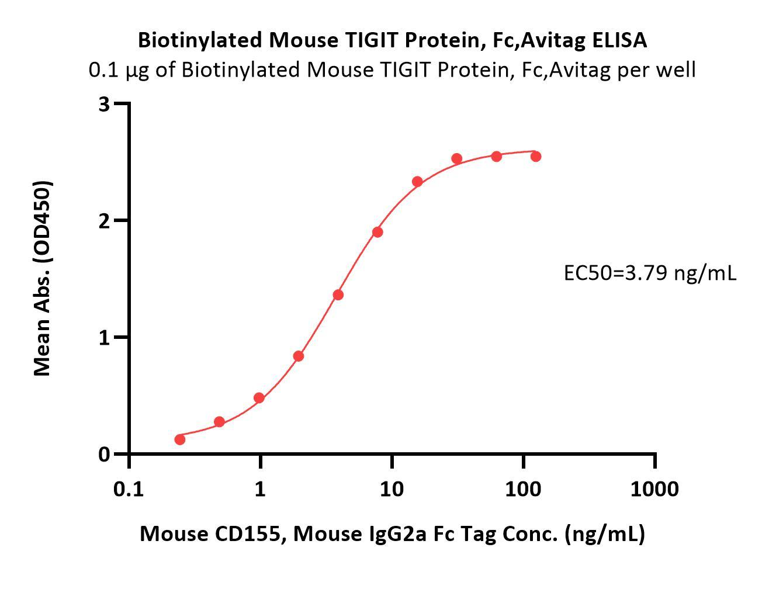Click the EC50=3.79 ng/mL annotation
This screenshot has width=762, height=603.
click(x=650, y=272)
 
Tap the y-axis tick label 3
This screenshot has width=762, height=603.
click(x=105, y=104)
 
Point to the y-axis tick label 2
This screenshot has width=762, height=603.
click(x=105, y=221)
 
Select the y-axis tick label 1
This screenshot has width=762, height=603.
click(x=105, y=337)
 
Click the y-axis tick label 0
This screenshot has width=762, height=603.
click(x=105, y=454)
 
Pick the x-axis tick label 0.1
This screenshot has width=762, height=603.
click(x=129, y=488)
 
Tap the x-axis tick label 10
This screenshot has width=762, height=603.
click(x=392, y=488)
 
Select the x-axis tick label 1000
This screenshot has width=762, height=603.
click(x=654, y=488)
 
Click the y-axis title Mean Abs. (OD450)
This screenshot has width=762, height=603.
click(x=42, y=278)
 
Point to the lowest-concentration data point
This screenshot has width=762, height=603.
click(x=180, y=439)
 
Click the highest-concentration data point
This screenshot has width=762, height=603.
click(x=535, y=157)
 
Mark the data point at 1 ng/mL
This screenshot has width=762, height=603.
click(x=259, y=398)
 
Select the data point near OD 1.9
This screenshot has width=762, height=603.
click(x=377, y=232)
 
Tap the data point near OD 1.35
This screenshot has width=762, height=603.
click(x=338, y=295)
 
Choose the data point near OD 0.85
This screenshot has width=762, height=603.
click(x=299, y=356)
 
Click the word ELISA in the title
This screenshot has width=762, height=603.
click(x=619, y=40)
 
